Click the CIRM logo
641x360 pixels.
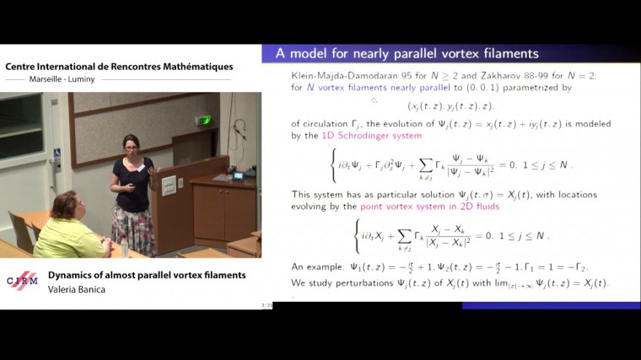(x=21, y=282)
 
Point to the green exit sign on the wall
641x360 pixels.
(x=203, y=120)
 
